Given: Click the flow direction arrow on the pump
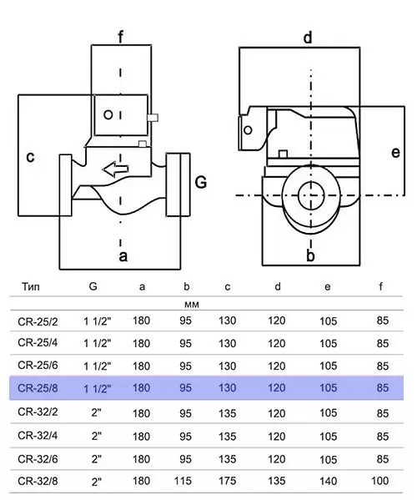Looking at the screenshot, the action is coord(115,169).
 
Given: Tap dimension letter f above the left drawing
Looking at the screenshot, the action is coord(120,37).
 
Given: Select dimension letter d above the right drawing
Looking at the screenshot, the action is coord(308,38).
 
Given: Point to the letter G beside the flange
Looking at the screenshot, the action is coord(201,183).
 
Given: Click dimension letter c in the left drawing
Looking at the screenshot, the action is coord(30,157).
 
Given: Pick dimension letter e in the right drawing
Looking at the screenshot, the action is coord(395,153).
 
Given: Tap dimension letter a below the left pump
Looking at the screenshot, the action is coord(123,256).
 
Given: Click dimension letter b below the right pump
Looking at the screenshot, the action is coord(310,255).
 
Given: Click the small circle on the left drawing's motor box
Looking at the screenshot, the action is coord(108,114).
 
